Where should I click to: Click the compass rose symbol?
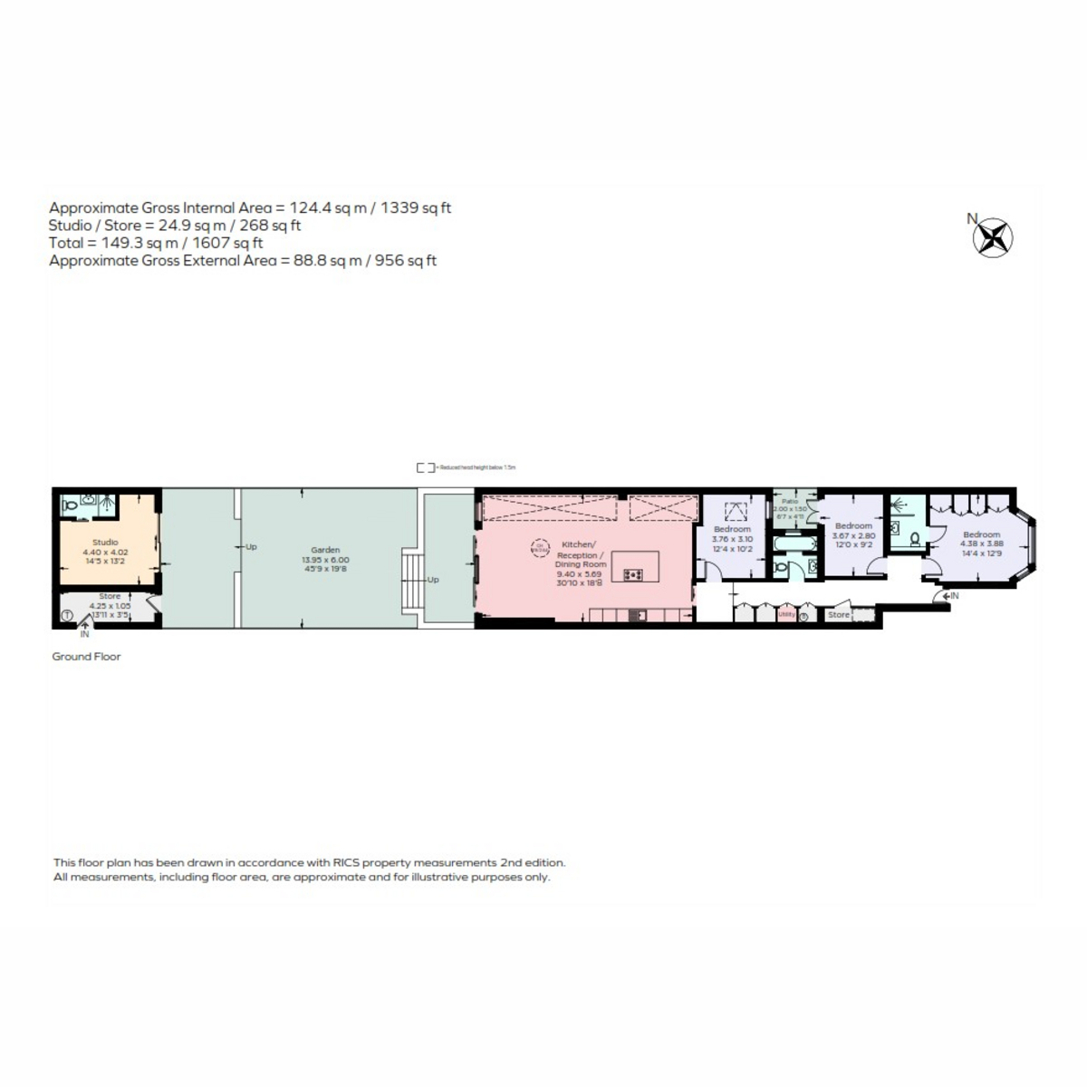(993, 238)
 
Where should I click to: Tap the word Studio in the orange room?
(105, 543)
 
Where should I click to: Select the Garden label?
(325, 550)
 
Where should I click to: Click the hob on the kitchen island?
(633, 574)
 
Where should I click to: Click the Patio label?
(791, 501)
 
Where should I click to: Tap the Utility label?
(786, 614)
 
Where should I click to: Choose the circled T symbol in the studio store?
(67, 616)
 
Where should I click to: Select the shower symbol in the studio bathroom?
(106, 504)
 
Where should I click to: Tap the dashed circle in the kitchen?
(540, 547)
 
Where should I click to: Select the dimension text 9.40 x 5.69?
(581, 574)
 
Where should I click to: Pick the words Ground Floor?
(86, 657)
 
